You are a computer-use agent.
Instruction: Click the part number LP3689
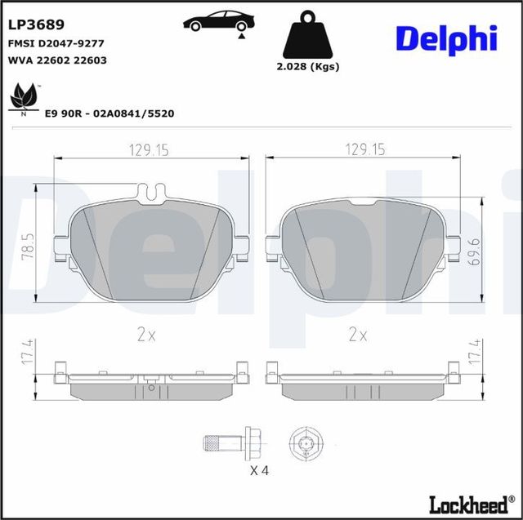click(x=36, y=25)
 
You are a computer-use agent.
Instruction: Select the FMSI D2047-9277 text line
click(x=56, y=43)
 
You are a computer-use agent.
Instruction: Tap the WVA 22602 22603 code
click(x=56, y=60)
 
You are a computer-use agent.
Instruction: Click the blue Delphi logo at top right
click(x=446, y=38)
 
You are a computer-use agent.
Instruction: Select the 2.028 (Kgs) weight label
click(x=309, y=67)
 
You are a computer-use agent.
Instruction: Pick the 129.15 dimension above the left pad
click(x=148, y=149)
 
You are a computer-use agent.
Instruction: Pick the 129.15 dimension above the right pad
click(x=364, y=149)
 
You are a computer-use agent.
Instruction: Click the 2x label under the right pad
click(x=358, y=333)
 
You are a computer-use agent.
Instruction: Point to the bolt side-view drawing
click(x=230, y=443)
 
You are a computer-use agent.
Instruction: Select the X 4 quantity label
click(x=261, y=471)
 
